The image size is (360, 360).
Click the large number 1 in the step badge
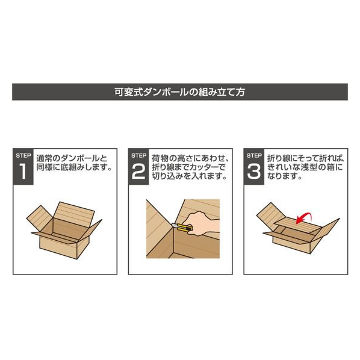[23, 172]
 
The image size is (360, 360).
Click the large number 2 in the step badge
[138, 172]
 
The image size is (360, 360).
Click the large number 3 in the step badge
[254, 172]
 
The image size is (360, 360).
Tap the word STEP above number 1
[23, 156]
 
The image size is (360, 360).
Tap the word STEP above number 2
[138, 156]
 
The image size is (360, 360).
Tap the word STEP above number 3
[254, 156]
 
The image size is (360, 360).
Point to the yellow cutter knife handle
[184, 228]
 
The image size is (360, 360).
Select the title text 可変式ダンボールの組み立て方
[180, 92]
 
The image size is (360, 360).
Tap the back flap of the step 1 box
[73, 212]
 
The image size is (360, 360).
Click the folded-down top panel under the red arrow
[298, 223]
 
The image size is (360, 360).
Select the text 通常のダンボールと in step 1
[72, 158]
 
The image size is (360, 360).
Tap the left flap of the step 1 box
[40, 218]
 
